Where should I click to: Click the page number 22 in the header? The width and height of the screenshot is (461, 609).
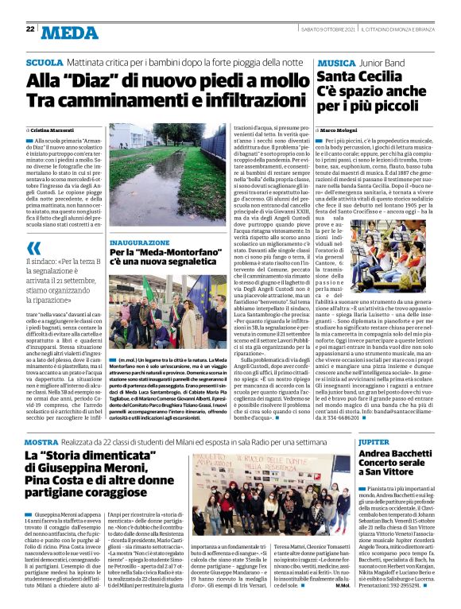click(x=30, y=29)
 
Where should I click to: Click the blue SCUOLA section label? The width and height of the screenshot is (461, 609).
click(x=45, y=61)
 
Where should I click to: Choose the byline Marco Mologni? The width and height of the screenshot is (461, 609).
click(x=343, y=129)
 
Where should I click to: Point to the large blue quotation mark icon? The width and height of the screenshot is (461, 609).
click(x=35, y=248)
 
